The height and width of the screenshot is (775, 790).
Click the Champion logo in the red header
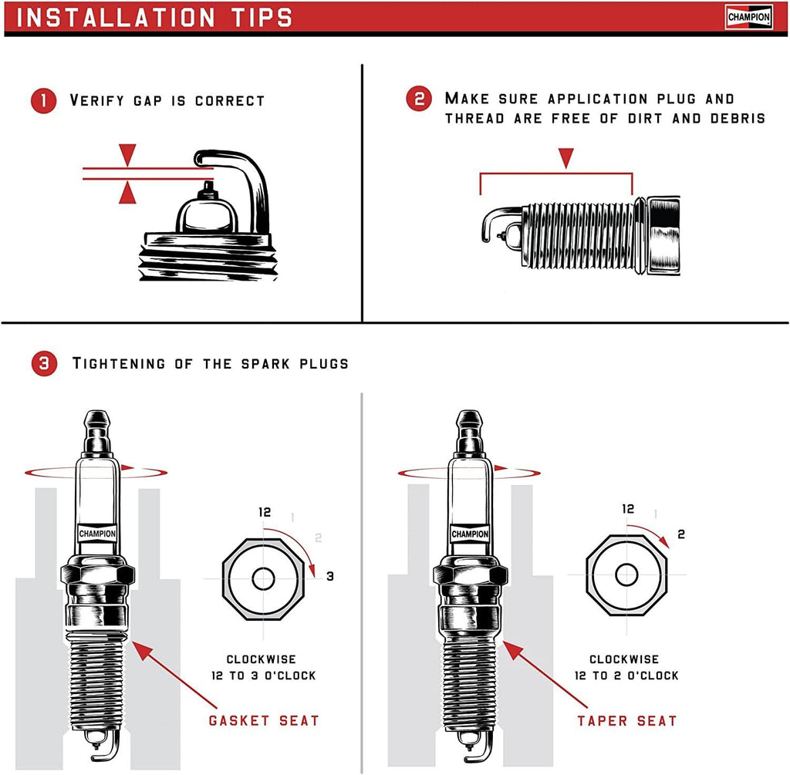click(x=748, y=17)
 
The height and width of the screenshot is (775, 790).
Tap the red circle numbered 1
click(x=44, y=101)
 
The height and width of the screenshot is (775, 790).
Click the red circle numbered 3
click(x=44, y=364)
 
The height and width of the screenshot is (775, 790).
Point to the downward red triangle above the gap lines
click(x=127, y=153)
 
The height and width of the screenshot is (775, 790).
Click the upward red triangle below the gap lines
click(x=127, y=194)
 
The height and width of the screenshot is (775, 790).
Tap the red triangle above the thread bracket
click(x=566, y=158)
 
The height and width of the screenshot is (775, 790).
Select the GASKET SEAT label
click(x=264, y=720)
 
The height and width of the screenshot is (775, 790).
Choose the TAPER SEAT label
click(x=626, y=721)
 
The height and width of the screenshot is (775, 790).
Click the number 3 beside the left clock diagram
click(x=329, y=576)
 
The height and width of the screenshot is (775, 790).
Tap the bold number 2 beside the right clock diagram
click(x=681, y=534)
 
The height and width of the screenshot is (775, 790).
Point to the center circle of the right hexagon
click(x=626, y=575)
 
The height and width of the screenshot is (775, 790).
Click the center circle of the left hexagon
click(x=263, y=578)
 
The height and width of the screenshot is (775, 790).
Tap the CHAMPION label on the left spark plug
click(x=97, y=533)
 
